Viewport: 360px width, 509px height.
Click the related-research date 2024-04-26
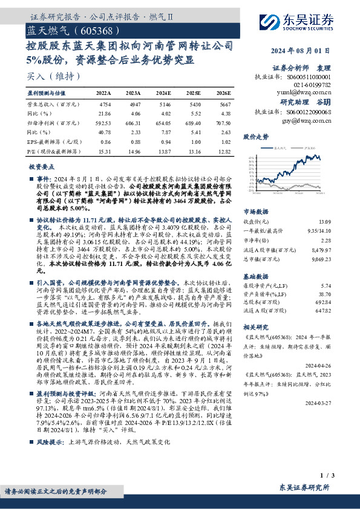(318, 366)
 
